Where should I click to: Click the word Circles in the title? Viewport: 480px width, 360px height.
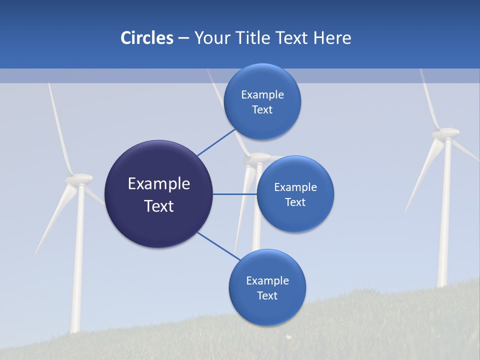tap(146, 38)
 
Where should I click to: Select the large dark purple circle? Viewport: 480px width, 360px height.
tap(159, 194)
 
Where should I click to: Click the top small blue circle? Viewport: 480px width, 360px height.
tap(262, 101)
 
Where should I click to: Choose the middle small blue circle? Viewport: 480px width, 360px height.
tap(295, 194)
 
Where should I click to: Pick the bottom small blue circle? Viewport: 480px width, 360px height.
tap(267, 287)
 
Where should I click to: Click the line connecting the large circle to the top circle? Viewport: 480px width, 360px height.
tap(216, 142)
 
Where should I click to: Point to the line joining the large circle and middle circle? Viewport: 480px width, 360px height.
tap(234, 194)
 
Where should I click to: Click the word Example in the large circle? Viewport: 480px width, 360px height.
tap(159, 183)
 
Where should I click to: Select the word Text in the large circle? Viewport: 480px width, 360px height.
tap(159, 205)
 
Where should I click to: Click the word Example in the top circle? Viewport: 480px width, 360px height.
tap(262, 94)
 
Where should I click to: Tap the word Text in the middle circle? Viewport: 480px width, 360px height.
tap(295, 202)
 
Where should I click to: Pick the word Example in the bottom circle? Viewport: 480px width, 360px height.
tap(267, 280)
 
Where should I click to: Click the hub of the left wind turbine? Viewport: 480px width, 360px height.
tap(80, 178)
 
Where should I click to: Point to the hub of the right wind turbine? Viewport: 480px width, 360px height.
tap(445, 133)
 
